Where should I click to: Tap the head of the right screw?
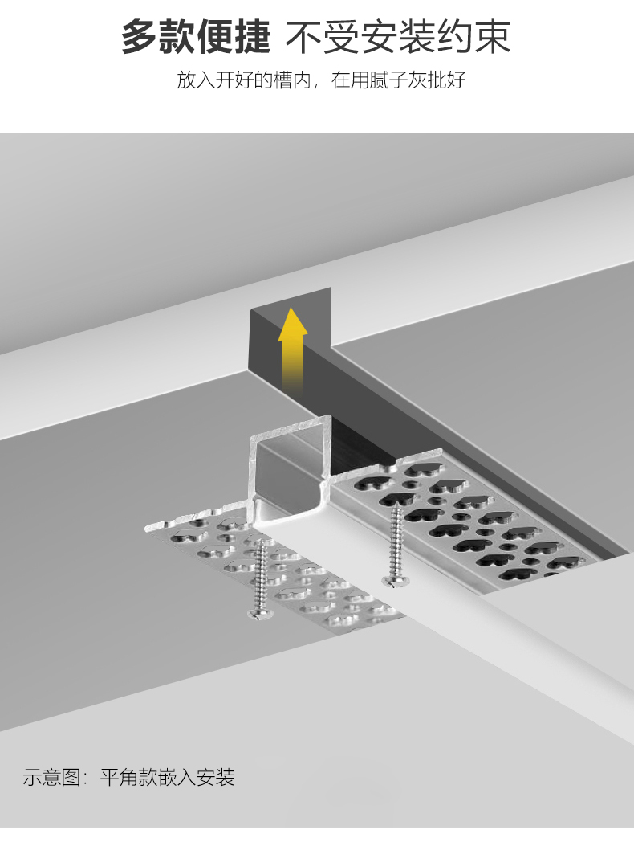point(396,580)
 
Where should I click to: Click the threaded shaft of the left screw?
point(261,574)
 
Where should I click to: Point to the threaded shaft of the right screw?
point(397,539)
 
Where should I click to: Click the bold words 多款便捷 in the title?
point(196,37)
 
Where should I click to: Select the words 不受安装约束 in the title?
point(398,37)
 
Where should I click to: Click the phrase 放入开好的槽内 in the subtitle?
point(244,80)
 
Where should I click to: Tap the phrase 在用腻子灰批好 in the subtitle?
point(399,80)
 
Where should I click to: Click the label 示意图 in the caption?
point(51,777)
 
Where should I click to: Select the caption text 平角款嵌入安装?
point(168,777)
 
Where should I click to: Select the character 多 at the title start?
point(139,37)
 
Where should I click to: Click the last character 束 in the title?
point(493,37)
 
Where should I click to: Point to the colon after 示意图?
point(85,778)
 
